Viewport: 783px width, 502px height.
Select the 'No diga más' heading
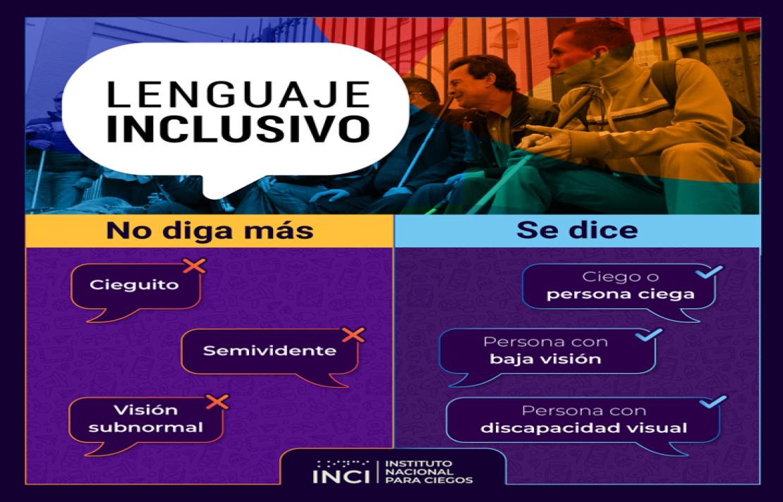point(210,231)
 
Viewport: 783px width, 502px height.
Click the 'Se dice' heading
point(576,231)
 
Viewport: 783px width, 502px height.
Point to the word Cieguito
point(134,286)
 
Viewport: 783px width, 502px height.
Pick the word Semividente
point(269,350)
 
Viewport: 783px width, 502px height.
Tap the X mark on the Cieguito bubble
point(194,266)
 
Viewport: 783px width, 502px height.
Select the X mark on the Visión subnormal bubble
point(218,401)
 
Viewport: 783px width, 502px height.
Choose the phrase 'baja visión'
point(546,360)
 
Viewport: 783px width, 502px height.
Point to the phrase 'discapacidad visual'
point(583,428)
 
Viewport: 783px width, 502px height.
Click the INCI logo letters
point(340,477)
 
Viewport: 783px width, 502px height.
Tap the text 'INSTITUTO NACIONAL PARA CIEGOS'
point(428,472)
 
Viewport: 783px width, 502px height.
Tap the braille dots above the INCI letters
point(341,463)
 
